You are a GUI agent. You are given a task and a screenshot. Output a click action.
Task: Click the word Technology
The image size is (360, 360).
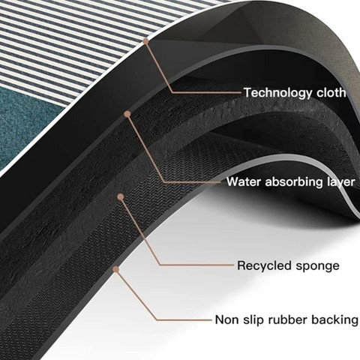click(x=278, y=93)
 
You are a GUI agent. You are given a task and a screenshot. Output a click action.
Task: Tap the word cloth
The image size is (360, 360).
click(x=331, y=92)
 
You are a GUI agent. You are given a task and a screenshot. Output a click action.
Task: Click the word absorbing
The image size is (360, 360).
click(x=294, y=182)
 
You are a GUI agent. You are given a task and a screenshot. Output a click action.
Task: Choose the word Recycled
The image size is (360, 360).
click(x=265, y=265)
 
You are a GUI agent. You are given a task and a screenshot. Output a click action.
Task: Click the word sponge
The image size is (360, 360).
click(x=318, y=266)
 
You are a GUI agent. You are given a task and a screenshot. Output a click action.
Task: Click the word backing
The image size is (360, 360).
click(x=334, y=320)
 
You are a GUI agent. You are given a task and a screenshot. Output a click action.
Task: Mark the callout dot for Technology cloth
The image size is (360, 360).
click(x=146, y=40)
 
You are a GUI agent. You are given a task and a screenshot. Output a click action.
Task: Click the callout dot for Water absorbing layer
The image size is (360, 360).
click(x=127, y=114)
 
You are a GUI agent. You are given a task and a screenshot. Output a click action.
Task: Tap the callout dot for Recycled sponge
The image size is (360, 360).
click(x=121, y=196)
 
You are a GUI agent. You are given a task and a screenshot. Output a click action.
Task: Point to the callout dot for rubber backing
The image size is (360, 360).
click(x=115, y=269)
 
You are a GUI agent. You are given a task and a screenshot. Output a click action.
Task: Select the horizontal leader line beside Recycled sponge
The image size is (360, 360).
click(x=196, y=265)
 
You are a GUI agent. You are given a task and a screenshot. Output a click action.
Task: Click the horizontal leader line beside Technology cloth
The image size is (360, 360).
click(x=206, y=92)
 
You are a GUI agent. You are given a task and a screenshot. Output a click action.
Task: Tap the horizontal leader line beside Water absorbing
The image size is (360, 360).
click(x=193, y=182)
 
